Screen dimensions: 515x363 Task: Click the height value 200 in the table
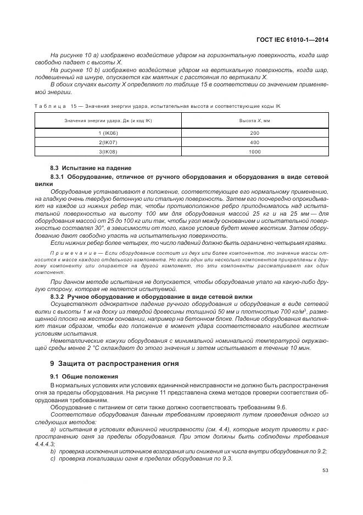click(254, 133)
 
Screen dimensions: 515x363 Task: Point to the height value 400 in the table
click(254, 142)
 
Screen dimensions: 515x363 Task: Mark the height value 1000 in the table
click(254, 151)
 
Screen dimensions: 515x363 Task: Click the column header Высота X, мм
click(254, 120)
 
